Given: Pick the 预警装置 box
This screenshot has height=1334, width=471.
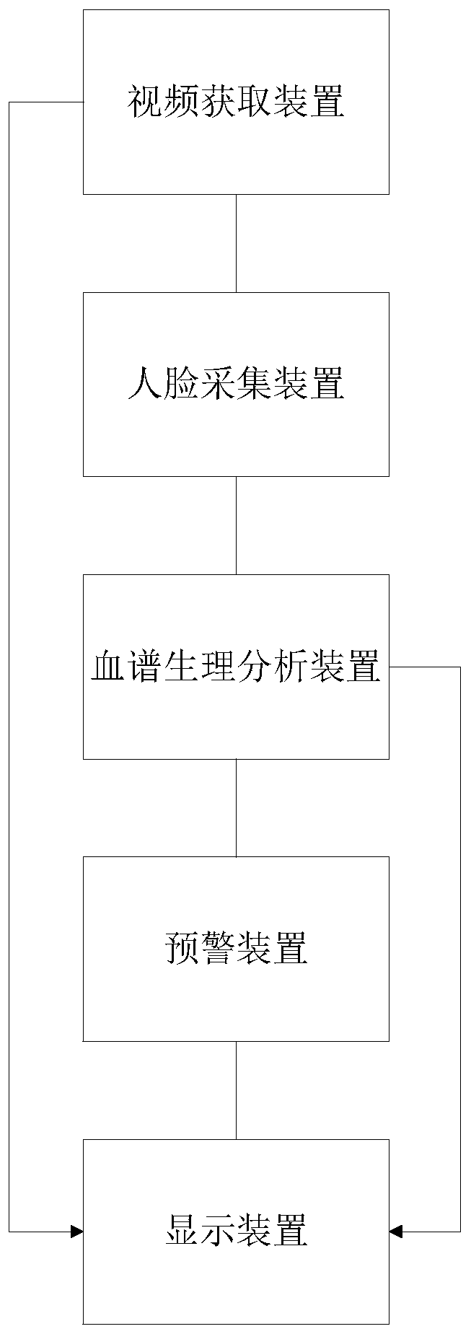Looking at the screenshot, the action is pyautogui.click(x=236, y=996).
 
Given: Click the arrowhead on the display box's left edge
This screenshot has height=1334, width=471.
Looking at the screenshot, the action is pyautogui.click(x=77, y=1232).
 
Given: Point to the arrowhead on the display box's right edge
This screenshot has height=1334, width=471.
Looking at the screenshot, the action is pyautogui.click(x=395, y=1232).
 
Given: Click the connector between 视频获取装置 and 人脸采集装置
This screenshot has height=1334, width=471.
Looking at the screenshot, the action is pyautogui.click(x=236, y=243).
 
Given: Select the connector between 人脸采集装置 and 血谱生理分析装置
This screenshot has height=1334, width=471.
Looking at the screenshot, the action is pyautogui.click(x=236, y=525).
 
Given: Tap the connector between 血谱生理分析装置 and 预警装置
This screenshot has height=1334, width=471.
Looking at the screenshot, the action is pyautogui.click(x=236, y=807).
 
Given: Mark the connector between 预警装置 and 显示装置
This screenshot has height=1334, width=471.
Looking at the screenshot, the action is pyautogui.click(x=236, y=1090).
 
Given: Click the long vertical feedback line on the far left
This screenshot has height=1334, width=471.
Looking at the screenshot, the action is pyautogui.click(x=9, y=649).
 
